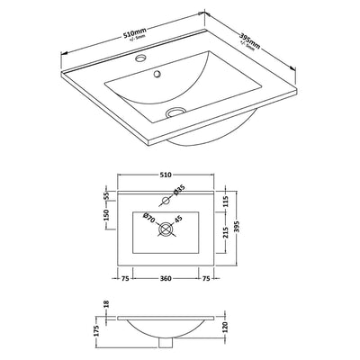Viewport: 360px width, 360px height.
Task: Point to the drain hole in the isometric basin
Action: [x=176, y=112]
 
